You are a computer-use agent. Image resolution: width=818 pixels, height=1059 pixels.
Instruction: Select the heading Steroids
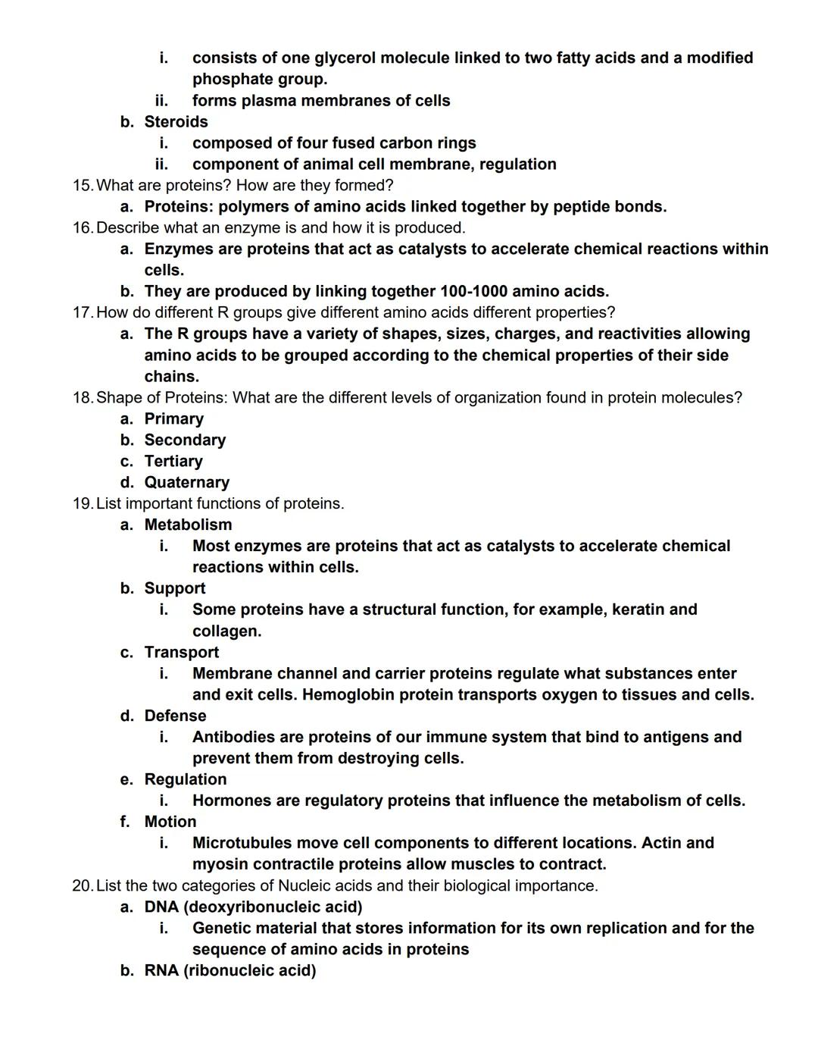point(176,122)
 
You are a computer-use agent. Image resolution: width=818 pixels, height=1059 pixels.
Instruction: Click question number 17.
point(83,313)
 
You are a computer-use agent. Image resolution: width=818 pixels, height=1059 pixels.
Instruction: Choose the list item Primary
point(173,419)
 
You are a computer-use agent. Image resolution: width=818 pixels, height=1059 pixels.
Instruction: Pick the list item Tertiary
point(173,462)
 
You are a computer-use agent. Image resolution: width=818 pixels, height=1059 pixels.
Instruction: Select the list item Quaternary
point(186,483)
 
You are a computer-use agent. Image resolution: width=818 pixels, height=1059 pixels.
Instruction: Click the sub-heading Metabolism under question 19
point(188,525)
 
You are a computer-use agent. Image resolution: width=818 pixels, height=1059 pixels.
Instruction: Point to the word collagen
point(226,631)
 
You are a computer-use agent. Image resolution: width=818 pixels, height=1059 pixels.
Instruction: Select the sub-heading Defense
point(175,716)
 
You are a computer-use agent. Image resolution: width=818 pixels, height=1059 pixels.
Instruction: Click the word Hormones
point(228,801)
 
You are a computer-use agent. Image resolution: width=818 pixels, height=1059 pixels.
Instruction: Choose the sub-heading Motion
point(170,822)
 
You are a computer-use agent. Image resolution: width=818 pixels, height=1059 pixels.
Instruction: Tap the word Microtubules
point(242,843)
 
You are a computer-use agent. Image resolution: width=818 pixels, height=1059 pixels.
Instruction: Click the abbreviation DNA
point(161,907)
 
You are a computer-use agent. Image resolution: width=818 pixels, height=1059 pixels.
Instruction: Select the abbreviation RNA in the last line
point(161,971)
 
